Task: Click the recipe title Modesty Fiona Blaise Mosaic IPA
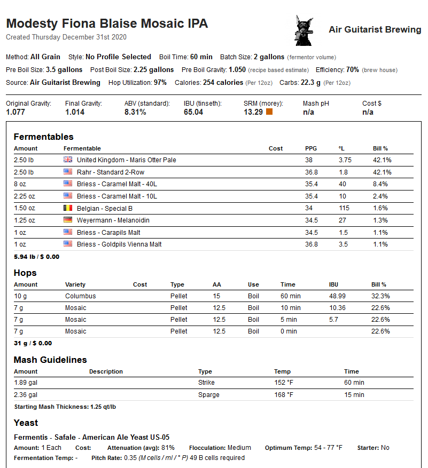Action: (107, 24)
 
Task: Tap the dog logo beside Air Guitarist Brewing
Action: (303, 30)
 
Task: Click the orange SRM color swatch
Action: (269, 112)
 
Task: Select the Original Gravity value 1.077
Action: (17, 112)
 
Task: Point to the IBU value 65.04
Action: (193, 112)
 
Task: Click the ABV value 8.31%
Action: (135, 112)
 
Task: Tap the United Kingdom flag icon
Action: (68, 160)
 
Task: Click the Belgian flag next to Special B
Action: (68, 208)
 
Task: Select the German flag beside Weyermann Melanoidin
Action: (68, 220)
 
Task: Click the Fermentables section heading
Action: (43, 137)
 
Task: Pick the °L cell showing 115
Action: (344, 208)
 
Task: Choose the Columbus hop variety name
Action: (81, 296)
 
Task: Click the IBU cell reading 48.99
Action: (338, 296)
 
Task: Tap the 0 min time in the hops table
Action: (289, 331)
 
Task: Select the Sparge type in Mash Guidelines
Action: (208, 395)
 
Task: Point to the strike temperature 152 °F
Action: (284, 383)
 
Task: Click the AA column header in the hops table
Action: (216, 284)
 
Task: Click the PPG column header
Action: (311, 148)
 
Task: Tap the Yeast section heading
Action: (26, 423)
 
